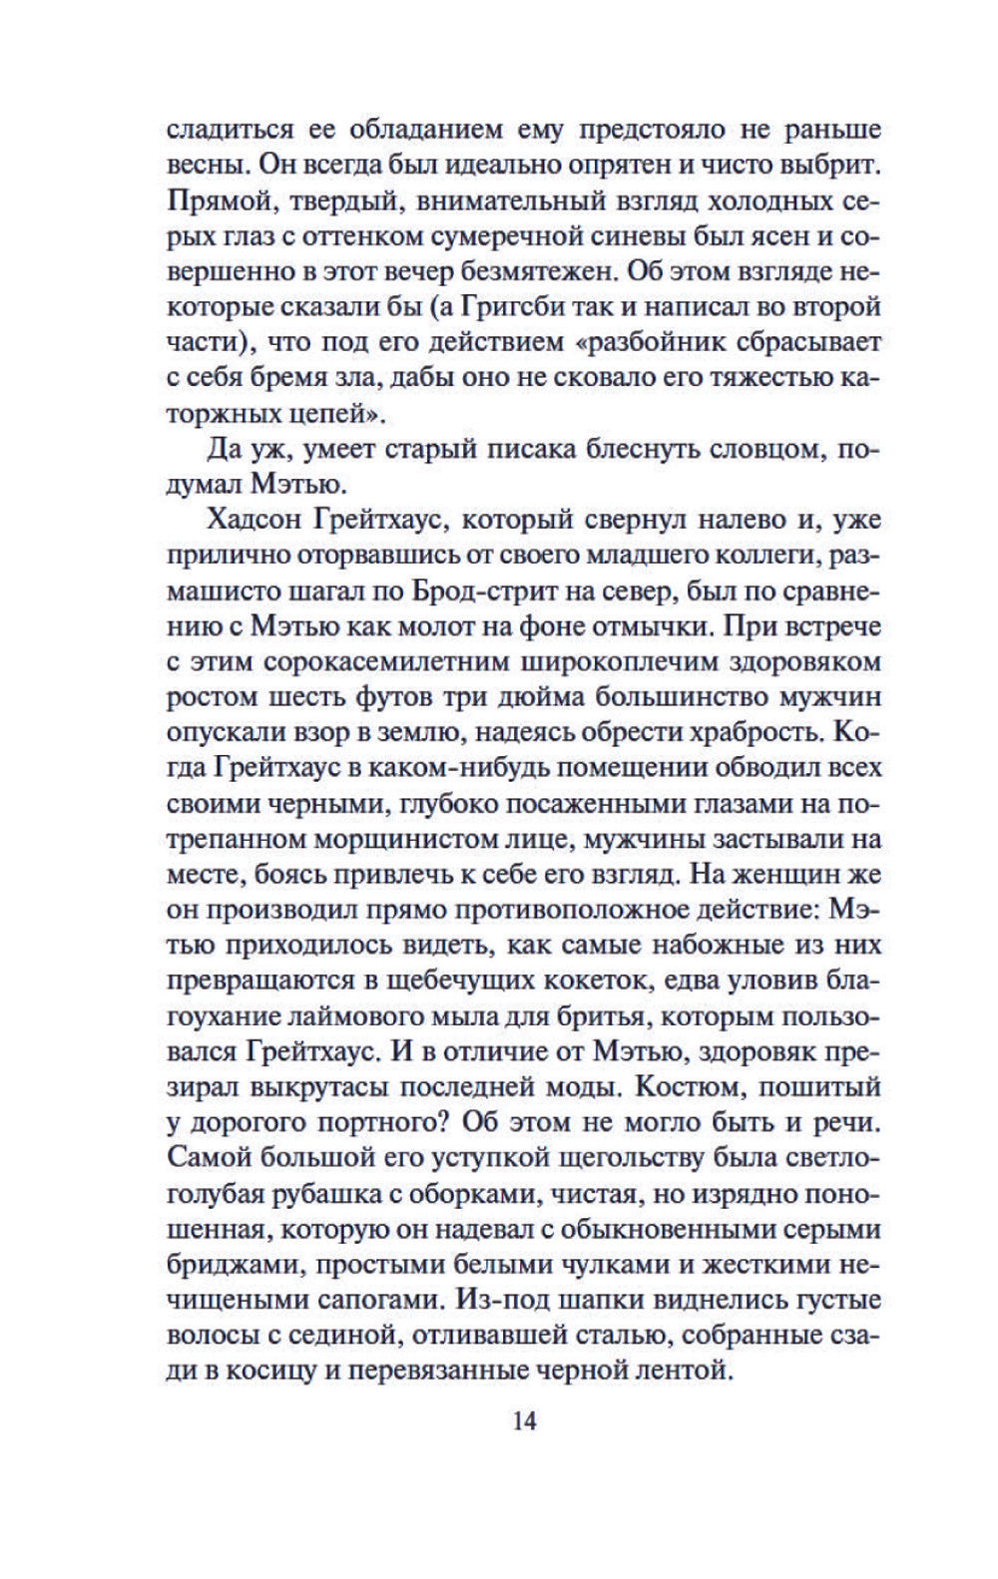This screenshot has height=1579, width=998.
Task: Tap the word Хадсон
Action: pyautogui.click(x=254, y=520)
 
